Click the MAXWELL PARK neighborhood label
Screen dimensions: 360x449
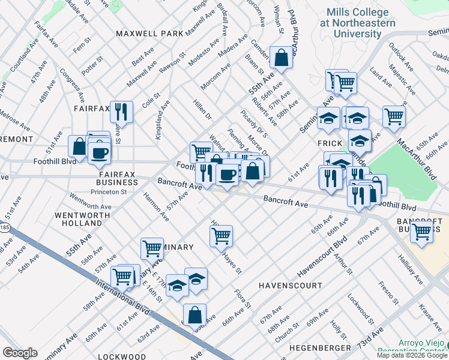click(149, 34)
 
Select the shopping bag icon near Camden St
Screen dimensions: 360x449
click(281, 58)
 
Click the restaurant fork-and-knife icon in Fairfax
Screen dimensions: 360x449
click(121, 111)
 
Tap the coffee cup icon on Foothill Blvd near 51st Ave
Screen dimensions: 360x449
click(99, 152)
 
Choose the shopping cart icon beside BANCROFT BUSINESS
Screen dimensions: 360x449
click(422, 231)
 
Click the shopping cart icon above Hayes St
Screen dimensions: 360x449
click(221, 236)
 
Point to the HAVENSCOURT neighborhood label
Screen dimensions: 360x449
click(291, 286)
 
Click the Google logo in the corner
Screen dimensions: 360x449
click(20, 353)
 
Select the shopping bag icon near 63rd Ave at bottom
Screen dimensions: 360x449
click(195, 314)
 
